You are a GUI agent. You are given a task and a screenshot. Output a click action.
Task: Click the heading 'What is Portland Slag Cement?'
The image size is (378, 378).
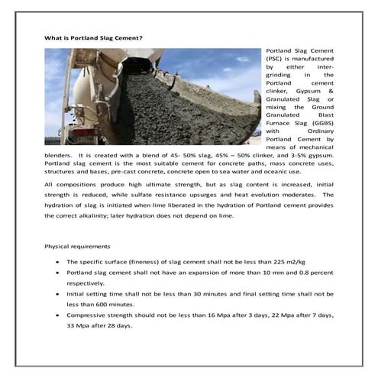(94, 37)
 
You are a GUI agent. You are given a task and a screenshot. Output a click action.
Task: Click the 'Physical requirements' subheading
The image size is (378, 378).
(77, 247)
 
